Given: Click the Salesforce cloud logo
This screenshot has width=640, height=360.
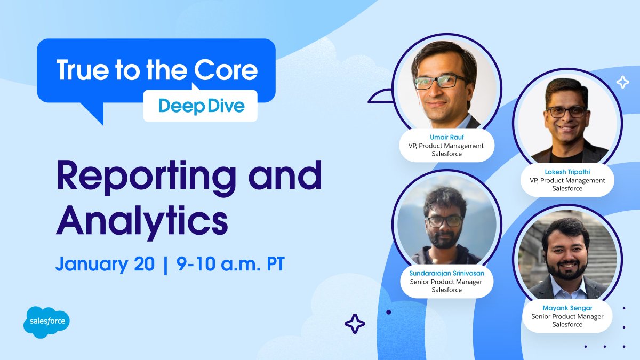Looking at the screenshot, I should (x=47, y=322).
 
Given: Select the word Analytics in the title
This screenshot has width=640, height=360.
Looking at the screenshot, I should (x=142, y=220).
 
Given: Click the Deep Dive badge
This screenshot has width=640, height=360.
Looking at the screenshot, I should (x=201, y=106).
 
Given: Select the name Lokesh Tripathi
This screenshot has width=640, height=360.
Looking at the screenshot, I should (x=567, y=172).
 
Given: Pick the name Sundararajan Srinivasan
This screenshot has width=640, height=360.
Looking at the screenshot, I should (x=446, y=273).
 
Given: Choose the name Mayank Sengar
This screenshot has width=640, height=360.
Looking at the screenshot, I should (x=567, y=308).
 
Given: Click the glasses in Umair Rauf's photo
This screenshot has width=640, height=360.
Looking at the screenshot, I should (x=441, y=82).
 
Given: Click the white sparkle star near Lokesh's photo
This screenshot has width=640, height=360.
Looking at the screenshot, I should (x=622, y=82).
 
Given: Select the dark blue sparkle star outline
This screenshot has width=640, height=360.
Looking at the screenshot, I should (x=355, y=323).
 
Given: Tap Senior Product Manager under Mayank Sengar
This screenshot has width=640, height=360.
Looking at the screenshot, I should (x=567, y=316).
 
